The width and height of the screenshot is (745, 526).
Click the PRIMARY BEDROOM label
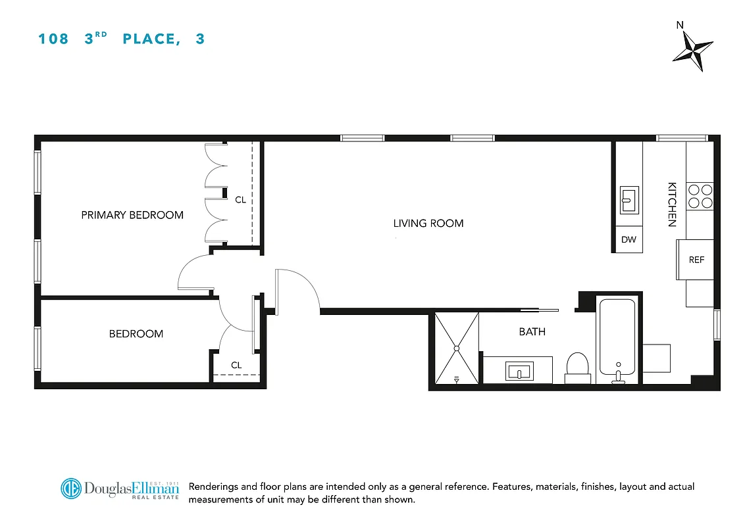132,215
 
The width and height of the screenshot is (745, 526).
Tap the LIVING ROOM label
428,224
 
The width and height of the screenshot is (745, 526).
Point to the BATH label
532,332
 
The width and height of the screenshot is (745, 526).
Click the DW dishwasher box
629,240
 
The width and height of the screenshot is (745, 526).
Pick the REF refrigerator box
696,260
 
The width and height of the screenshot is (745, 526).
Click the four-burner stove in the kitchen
700,196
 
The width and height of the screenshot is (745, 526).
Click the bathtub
617,339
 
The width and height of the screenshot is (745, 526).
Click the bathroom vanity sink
519,371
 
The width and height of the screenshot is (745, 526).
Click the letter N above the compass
680,26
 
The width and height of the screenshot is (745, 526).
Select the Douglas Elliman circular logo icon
70,489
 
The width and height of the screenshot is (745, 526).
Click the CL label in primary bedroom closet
240,199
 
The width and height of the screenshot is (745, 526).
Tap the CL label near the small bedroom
236,365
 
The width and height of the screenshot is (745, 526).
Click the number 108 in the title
53,39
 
